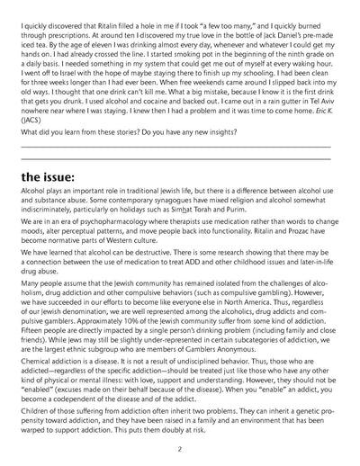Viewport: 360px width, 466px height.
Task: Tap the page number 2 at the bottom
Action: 180,447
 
